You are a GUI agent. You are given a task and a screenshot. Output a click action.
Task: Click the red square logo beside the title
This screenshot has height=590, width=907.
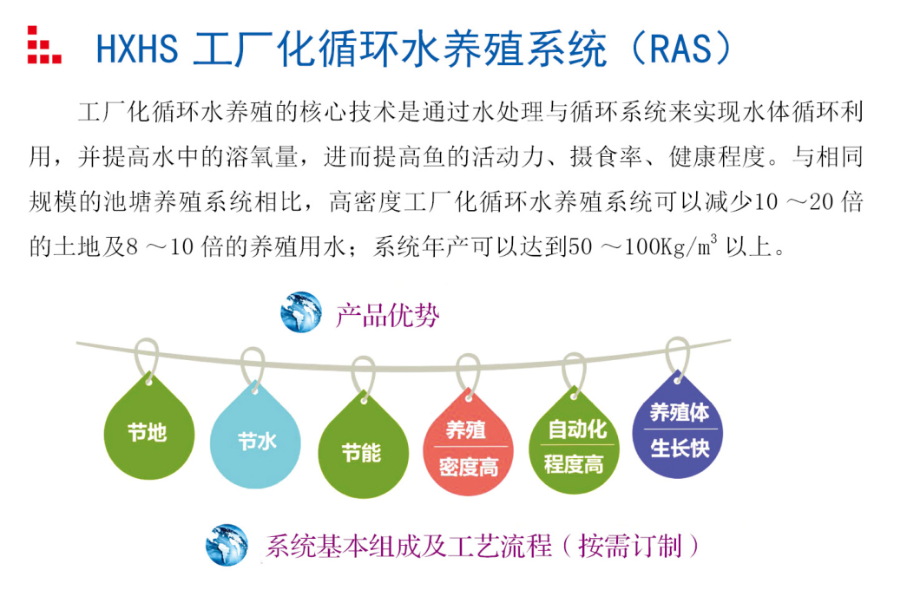pyautogui.click(x=44, y=44)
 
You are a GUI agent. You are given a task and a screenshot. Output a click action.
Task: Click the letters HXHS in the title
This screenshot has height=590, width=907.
pyautogui.click(x=137, y=49)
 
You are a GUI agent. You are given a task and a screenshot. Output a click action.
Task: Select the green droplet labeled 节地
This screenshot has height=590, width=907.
pyautogui.click(x=148, y=429)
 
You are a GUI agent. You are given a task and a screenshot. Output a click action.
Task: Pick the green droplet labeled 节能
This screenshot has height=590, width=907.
pyautogui.click(x=364, y=448)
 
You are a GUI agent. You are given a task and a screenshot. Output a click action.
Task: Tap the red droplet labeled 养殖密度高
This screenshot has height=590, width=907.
pyautogui.click(x=469, y=444)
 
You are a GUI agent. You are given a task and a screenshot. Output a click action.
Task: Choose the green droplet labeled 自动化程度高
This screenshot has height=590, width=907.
pyautogui.click(x=574, y=442)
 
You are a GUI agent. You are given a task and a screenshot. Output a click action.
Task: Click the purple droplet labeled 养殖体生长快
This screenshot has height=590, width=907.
pyautogui.click(x=678, y=427)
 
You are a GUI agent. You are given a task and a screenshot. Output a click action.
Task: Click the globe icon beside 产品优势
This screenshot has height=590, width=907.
pyautogui.click(x=301, y=311)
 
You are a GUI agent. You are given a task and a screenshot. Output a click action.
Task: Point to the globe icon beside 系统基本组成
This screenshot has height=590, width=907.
pyautogui.click(x=227, y=544)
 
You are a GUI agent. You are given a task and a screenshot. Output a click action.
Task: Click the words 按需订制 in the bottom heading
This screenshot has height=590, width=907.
pyautogui.click(x=630, y=546)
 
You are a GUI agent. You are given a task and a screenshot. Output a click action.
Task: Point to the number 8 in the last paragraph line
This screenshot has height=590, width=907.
pyautogui.click(x=132, y=247)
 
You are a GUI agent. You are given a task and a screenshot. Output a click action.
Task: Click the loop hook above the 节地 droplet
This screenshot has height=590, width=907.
pyautogui.click(x=147, y=357)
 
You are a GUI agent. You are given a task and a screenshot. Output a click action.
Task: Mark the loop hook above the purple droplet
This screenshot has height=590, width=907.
pyautogui.click(x=677, y=357)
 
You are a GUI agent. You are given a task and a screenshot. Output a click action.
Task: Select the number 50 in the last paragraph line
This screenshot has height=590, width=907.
pyautogui.click(x=581, y=247)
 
